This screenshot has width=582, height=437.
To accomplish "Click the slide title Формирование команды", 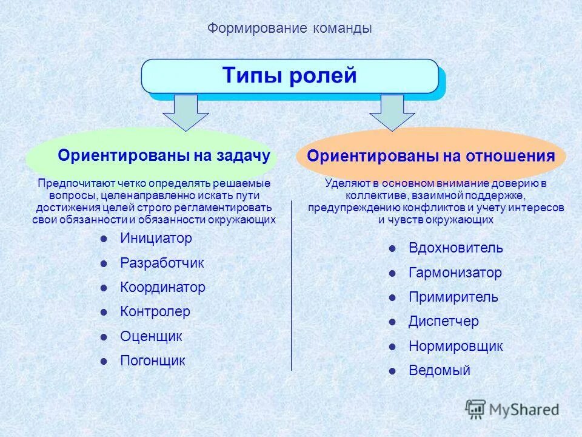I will tap(290, 29).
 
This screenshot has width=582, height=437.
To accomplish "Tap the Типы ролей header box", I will tap(290, 76).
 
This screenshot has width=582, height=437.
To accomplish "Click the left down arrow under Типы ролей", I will tap(186, 112).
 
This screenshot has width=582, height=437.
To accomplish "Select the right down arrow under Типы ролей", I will tap(392, 112).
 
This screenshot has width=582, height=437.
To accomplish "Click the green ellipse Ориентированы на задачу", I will tap(152, 156).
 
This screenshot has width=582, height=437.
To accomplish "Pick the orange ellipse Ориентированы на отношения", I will tap(430, 156).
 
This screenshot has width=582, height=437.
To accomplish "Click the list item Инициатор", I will tap(156, 239).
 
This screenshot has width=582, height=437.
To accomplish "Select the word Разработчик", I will tap(162, 263).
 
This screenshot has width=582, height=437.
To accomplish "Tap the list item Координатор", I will tap(162, 288).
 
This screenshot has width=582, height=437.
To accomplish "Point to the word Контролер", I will tap(155, 312).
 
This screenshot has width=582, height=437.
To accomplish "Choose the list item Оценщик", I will tap(151, 336).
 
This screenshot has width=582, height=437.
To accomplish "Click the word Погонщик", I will tap(153, 361).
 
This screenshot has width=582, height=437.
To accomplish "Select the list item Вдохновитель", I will tap(456, 248).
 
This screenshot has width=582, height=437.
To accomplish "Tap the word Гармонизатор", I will tap(455, 273).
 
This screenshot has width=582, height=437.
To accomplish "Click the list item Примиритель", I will tap(453, 297).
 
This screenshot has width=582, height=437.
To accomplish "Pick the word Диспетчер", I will tap(444, 322).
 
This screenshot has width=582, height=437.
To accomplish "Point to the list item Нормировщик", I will tap(456, 347).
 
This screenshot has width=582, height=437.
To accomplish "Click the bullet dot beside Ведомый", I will tap(393, 371).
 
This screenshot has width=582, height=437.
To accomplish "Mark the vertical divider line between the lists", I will tap(292, 285).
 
